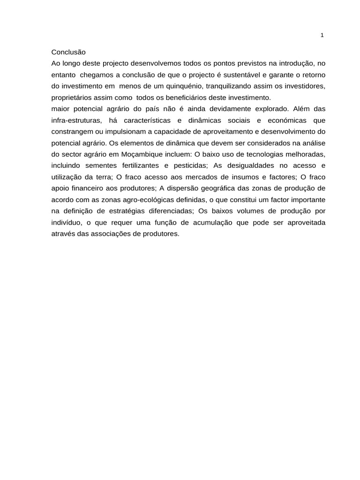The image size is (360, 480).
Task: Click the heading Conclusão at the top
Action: coord(68,52)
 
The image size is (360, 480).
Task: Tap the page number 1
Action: coord(322,35)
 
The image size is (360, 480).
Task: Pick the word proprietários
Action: coord(71,97)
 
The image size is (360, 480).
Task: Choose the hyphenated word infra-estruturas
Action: coord(76,120)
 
